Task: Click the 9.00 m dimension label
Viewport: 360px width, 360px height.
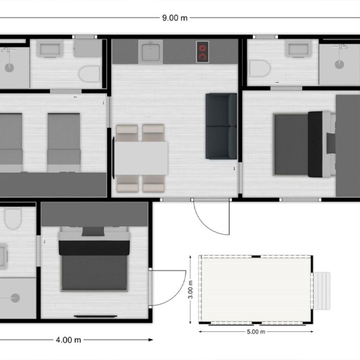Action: [175, 18]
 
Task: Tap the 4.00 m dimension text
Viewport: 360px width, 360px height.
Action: [68, 340]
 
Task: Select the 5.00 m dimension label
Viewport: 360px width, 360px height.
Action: [256, 332]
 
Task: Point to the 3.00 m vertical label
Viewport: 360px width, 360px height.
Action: [190, 289]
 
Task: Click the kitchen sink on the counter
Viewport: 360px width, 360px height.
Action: [151, 52]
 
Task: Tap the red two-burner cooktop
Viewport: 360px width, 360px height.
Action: [202, 52]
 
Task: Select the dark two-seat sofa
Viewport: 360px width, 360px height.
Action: [221, 126]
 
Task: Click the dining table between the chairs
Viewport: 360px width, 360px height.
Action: [141, 158]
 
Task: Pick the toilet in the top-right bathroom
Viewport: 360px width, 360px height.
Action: [260, 68]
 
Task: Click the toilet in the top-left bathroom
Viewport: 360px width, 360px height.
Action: [90, 74]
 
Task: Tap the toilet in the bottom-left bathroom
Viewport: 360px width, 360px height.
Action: [13, 218]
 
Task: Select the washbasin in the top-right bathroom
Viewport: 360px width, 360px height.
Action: [298, 49]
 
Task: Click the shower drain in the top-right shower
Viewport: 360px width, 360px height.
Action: [339, 64]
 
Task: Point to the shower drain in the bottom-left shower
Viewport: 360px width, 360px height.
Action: [15, 298]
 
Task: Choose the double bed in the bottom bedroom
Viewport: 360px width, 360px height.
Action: [94, 259]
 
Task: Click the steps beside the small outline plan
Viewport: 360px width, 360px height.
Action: [322, 291]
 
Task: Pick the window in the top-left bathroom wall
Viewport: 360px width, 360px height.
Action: [85, 37]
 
